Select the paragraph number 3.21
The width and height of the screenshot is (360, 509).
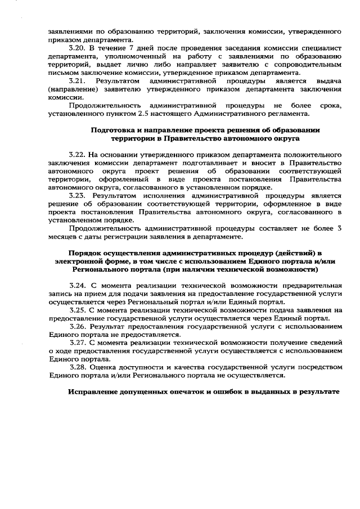(x=77, y=81)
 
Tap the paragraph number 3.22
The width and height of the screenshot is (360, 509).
(x=77, y=154)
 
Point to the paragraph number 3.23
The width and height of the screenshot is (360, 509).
(x=77, y=195)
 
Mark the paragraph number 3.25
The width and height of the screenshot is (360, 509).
(x=77, y=309)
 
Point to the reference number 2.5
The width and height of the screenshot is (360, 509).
(x=146, y=114)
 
